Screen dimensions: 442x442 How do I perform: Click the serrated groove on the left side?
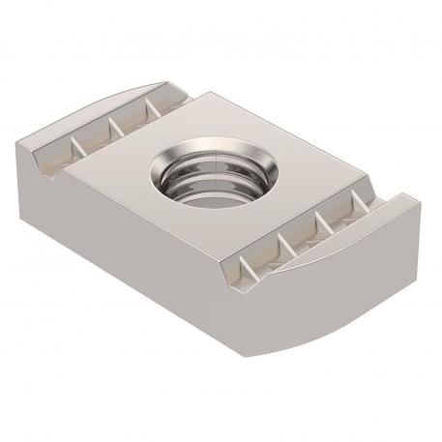tap(106, 132)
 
